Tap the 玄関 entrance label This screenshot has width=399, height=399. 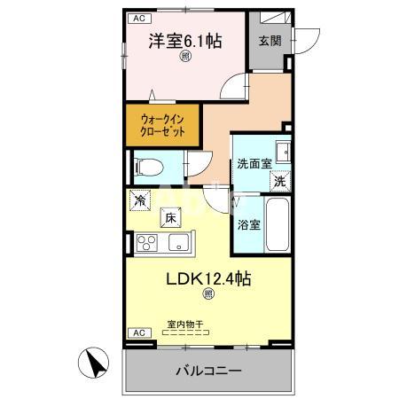tap(270, 41)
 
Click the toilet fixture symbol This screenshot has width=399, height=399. tap(146, 166)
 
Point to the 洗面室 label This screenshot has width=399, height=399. tap(254, 164)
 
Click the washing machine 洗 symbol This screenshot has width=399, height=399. tap(279, 180)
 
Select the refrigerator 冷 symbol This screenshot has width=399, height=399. tap(140, 201)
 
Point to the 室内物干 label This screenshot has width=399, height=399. tap(185, 325)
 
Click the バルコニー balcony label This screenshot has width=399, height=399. tap(207, 370)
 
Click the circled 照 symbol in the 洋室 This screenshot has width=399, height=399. tap(185, 57)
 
